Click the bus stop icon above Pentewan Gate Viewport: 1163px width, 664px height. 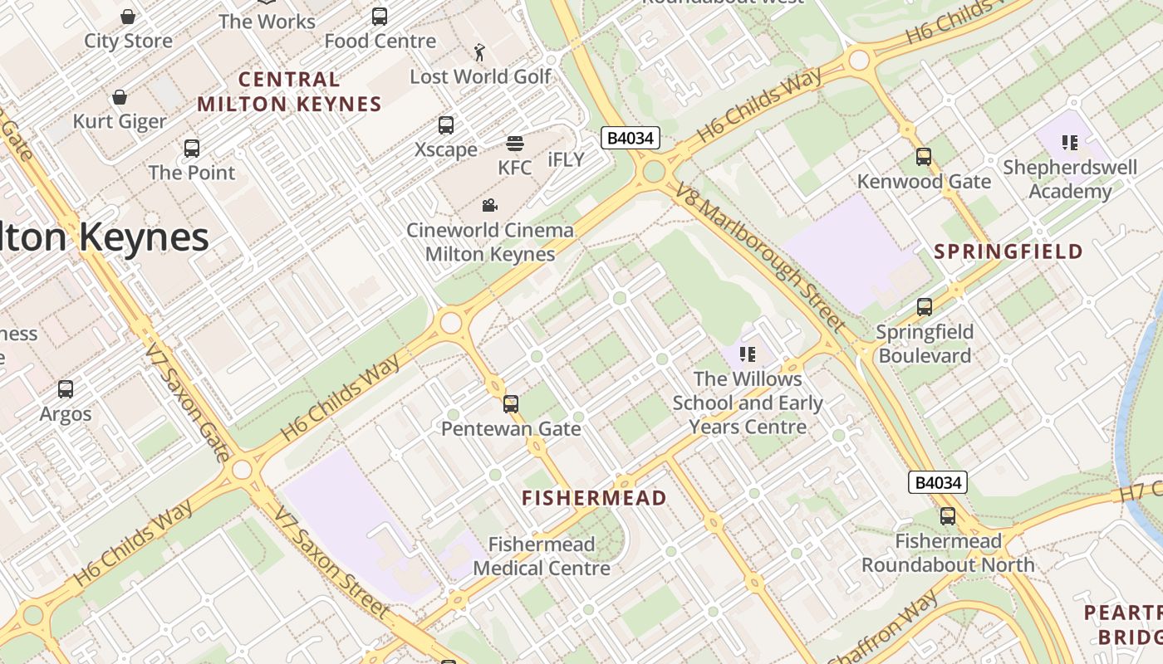pos(511,404)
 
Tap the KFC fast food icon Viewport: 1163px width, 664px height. pos(515,143)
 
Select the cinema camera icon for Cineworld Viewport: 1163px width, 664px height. pos(490,205)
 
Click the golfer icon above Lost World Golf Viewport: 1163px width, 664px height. pos(480,53)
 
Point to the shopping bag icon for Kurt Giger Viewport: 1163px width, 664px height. pos(120,97)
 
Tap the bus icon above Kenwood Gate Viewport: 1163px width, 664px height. pos(924,157)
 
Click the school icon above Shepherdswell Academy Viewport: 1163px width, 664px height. pos(1070,143)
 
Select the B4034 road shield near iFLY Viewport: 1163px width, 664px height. pos(631,138)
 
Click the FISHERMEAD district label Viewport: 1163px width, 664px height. pos(594,498)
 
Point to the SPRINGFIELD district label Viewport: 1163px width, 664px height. pos(1008,251)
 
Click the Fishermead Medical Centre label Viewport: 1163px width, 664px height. pos(542,556)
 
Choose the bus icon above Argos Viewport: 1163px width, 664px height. pos(66,388)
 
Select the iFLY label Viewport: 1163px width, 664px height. pos(567,160)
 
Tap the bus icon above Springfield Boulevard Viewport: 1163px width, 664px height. pos(925,307)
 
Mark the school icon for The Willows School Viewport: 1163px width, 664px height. pos(748,354)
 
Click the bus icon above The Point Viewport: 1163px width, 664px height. pos(192,149)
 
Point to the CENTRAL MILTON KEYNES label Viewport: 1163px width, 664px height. pos(289,92)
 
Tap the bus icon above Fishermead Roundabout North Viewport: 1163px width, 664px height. pos(948,516)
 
